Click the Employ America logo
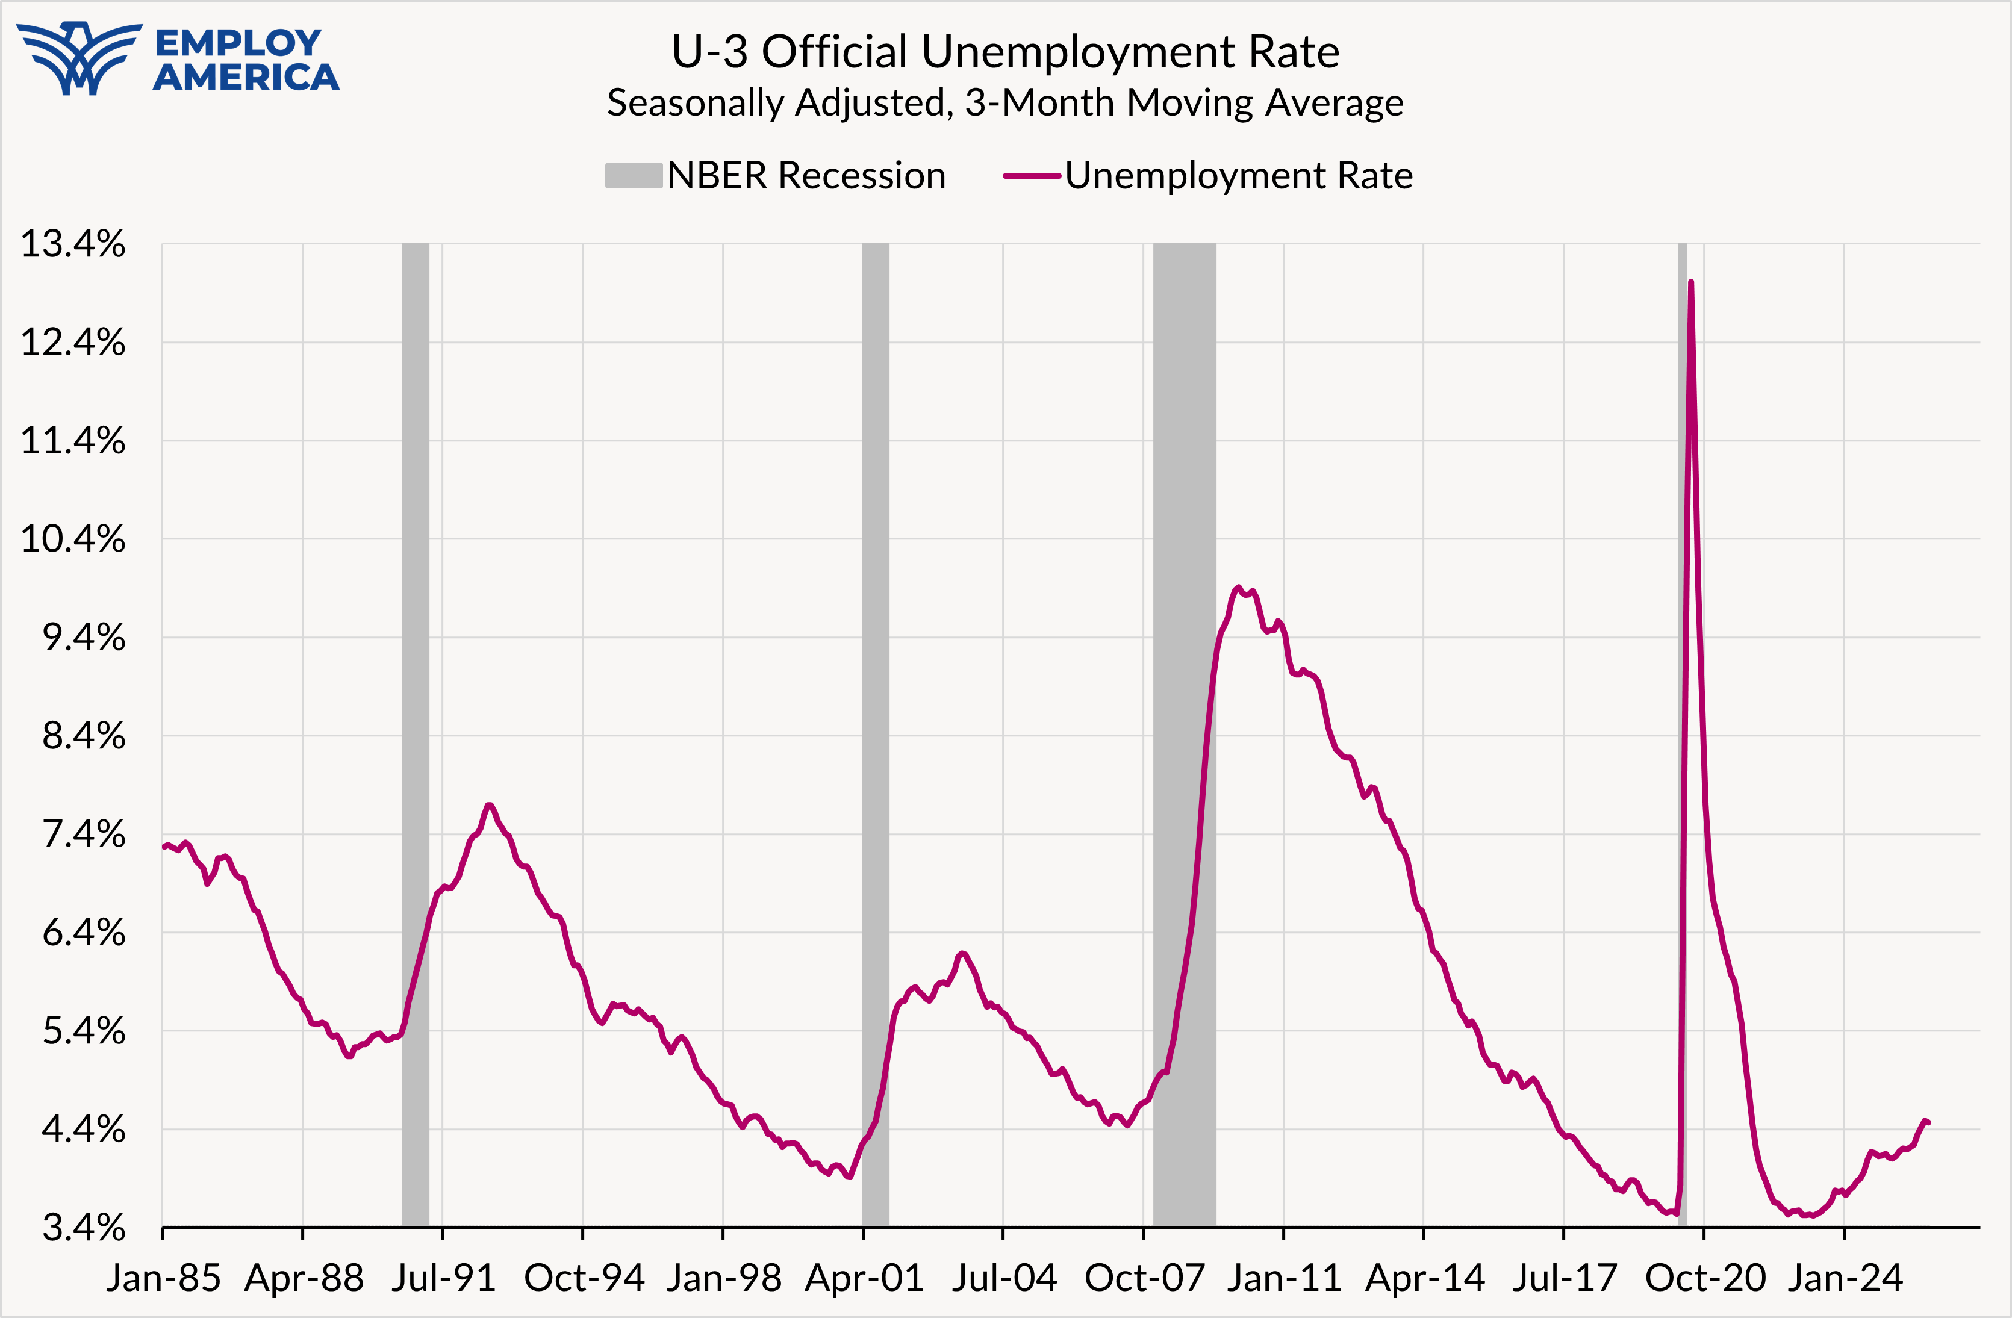[178, 59]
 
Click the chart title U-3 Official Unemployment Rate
[1005, 52]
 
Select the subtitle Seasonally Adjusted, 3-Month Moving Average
[1005, 103]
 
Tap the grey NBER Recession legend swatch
[633, 176]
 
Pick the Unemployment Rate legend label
[1239, 176]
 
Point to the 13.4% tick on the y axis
[73, 244]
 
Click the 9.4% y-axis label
[84, 638]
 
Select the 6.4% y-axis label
[84, 933]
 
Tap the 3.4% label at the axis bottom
[84, 1226]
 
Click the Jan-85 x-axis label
[163, 1278]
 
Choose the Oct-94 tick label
[584, 1278]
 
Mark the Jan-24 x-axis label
[1845, 1278]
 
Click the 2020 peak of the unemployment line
[1690, 282]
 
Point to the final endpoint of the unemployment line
[1928, 1123]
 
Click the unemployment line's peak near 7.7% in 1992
[488, 805]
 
